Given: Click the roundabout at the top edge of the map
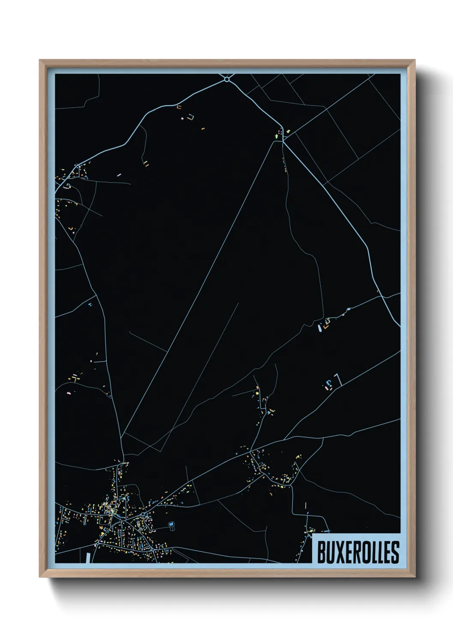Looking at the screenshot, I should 227,79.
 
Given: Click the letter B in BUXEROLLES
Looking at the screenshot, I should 322,552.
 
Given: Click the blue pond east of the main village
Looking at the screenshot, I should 172,524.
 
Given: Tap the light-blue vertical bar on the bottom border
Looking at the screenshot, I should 89,558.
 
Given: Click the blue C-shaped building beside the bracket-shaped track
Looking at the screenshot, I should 329,384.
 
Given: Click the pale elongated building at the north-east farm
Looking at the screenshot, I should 319,328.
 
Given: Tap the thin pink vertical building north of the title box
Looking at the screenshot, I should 306,506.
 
